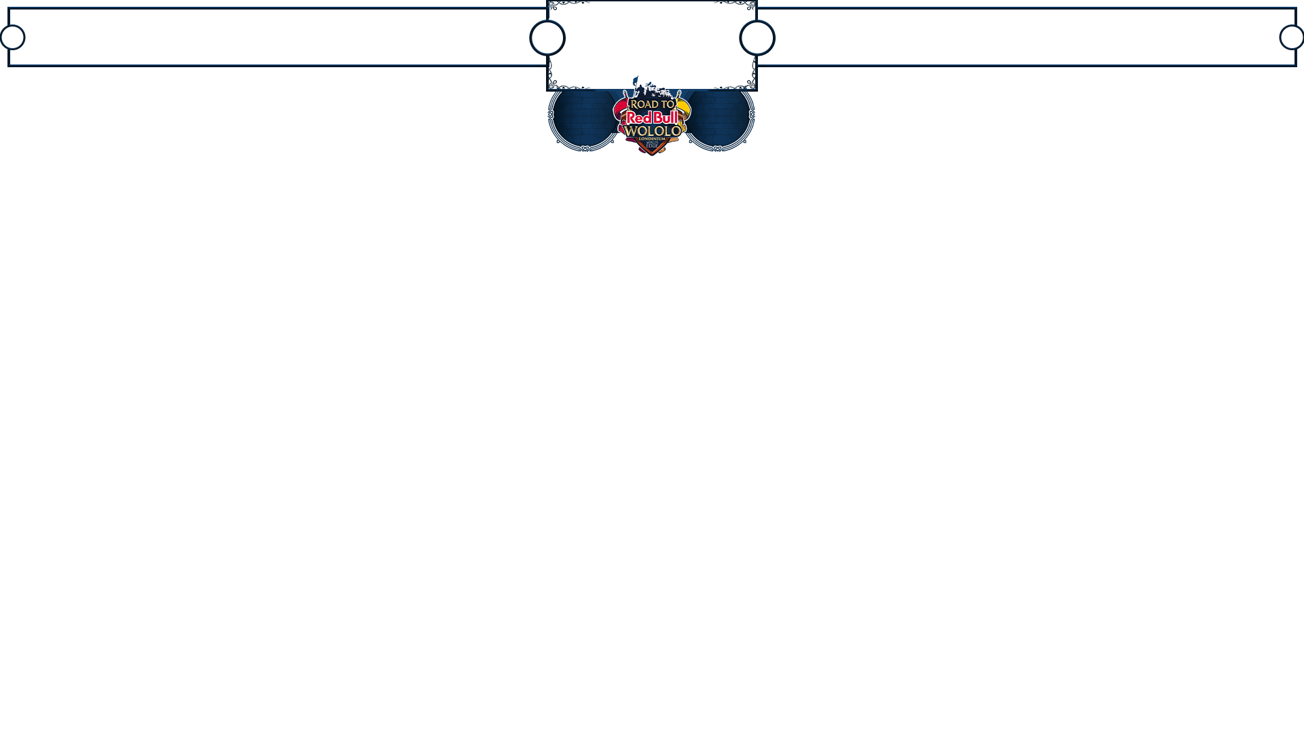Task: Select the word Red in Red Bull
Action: pos(639,117)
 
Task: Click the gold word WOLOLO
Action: pos(652,130)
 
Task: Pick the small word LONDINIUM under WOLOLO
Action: pos(652,138)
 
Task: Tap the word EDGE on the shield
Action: pos(652,146)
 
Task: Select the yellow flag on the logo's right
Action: pos(684,109)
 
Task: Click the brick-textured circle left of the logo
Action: pos(585,116)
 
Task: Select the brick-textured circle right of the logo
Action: pos(719,116)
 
